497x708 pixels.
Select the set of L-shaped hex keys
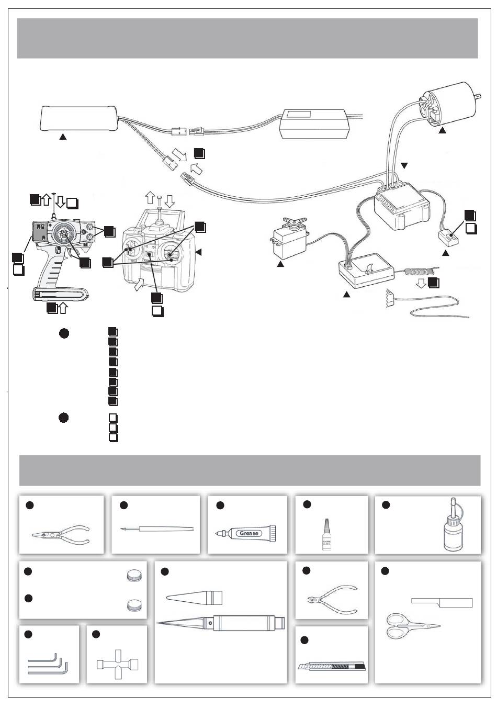coord(48,664)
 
